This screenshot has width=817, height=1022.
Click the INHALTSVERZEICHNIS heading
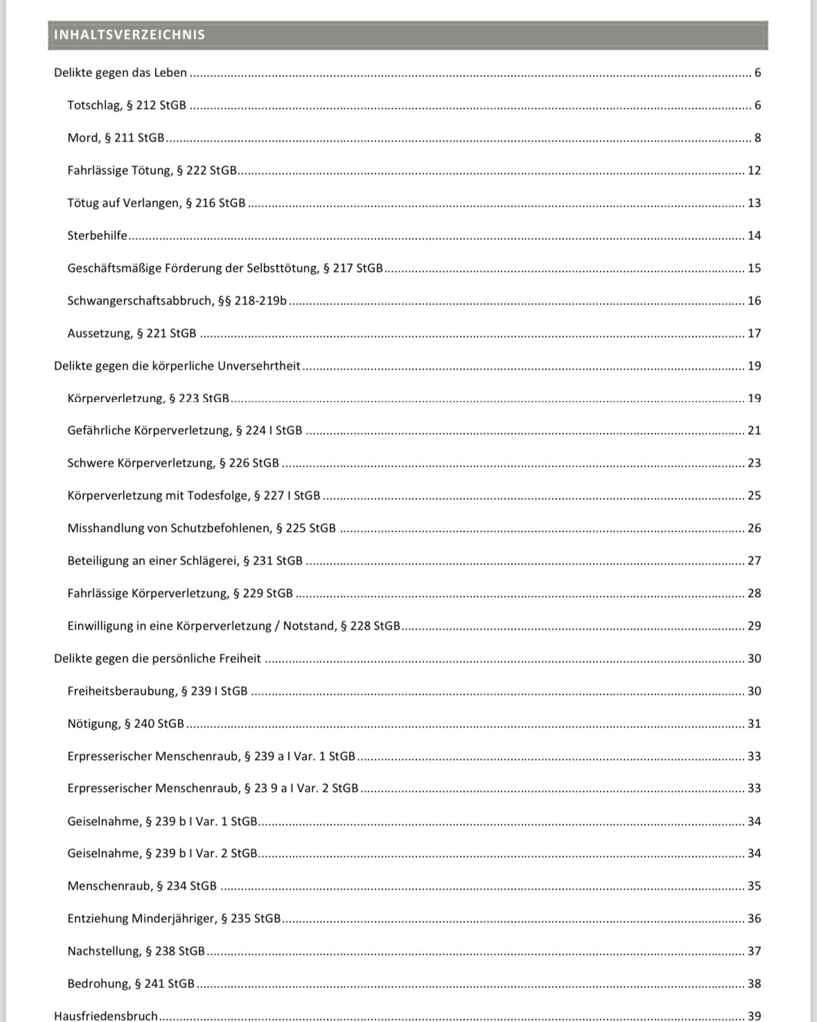(130, 35)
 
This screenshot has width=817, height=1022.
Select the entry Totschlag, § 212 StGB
(127, 105)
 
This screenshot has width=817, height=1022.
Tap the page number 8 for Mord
(757, 138)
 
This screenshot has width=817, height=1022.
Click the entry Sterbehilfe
(98, 236)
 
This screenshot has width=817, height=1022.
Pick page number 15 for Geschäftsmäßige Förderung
(754, 268)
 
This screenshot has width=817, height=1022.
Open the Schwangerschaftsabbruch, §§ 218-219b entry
(177, 301)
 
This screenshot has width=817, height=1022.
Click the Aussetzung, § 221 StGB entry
(132, 334)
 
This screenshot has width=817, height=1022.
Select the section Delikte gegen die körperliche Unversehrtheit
(177, 365)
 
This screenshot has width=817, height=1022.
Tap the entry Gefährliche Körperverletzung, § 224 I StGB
(185, 431)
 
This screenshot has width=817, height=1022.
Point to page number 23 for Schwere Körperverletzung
(754, 463)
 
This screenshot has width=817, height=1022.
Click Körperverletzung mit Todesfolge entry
(194, 496)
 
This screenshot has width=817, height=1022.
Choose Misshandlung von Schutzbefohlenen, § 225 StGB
(202, 528)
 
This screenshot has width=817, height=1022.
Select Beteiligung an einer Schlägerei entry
(185, 561)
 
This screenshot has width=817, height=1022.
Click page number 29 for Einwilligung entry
(754, 626)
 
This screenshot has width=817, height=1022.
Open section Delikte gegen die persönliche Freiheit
(157, 659)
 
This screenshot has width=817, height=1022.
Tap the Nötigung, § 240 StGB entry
(126, 724)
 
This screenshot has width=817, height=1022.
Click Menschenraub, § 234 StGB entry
(142, 886)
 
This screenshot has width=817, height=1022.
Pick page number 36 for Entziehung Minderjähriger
(754, 919)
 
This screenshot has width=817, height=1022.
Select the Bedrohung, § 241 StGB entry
(131, 984)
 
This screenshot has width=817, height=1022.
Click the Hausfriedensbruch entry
(106, 1016)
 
